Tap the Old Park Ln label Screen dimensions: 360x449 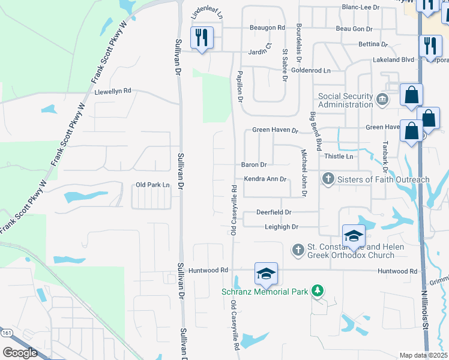pos(153,185)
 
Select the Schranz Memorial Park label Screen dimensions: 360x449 pos(265,292)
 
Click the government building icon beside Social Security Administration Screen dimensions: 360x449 pos(382,99)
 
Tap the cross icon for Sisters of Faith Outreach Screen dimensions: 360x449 pos(328,179)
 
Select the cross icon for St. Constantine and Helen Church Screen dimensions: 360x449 pos(298,249)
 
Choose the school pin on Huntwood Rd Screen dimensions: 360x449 pos(266,274)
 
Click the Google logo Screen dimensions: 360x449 pos(20,353)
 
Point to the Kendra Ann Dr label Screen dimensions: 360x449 pos(264,179)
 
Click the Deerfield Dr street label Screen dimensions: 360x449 pos(274,212)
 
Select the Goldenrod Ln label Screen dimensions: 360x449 pos(311,70)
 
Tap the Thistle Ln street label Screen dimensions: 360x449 pos(339,156)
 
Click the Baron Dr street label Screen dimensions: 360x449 pos(254,164)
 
